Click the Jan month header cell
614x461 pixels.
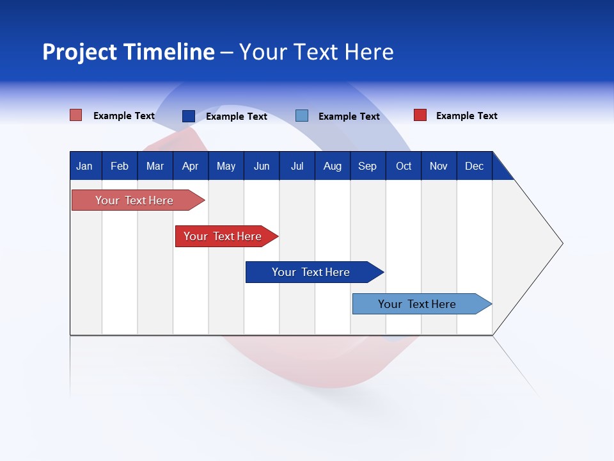point(84,166)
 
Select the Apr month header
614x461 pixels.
point(190,166)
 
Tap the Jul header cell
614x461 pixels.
point(297,166)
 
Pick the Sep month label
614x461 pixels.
point(367,166)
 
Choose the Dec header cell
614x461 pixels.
point(474,166)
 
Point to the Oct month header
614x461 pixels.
point(404,166)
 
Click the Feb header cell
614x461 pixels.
point(120,166)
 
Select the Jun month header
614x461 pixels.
point(262,166)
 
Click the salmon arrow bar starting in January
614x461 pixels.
point(134,200)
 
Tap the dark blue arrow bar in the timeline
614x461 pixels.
point(311,272)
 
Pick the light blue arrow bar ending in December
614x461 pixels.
point(417,304)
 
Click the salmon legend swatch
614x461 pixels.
point(76,115)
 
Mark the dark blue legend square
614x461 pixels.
point(189,116)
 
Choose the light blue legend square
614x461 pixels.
point(302,116)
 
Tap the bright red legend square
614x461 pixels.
point(420,115)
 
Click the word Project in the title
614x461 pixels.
point(79,52)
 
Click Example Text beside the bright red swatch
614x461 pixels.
point(466,116)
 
